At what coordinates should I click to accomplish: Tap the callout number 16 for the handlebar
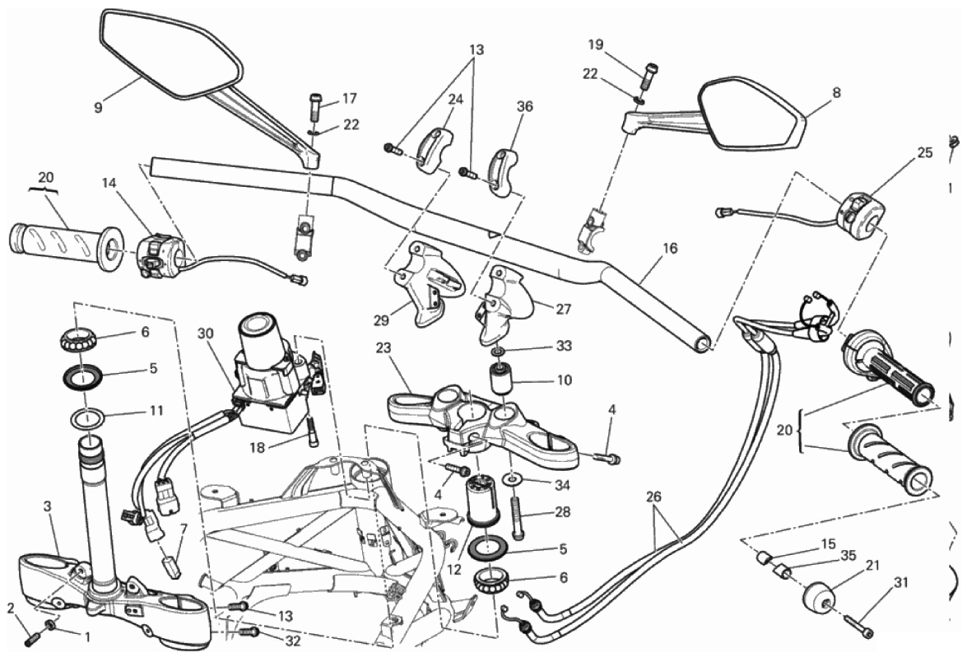670,248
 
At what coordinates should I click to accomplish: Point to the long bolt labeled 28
517,515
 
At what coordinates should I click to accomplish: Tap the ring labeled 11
88,419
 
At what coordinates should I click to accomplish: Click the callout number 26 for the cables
653,497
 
